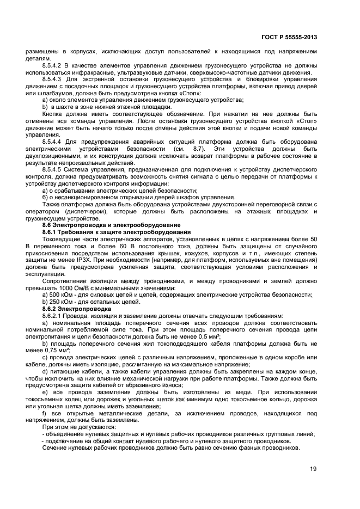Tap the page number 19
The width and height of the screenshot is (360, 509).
pyautogui.click(x=312, y=469)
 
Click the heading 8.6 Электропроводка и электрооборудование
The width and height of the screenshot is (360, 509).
pyautogui.click(x=111, y=225)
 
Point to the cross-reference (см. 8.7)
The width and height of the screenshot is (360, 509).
pyautogui.click(x=181, y=149)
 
